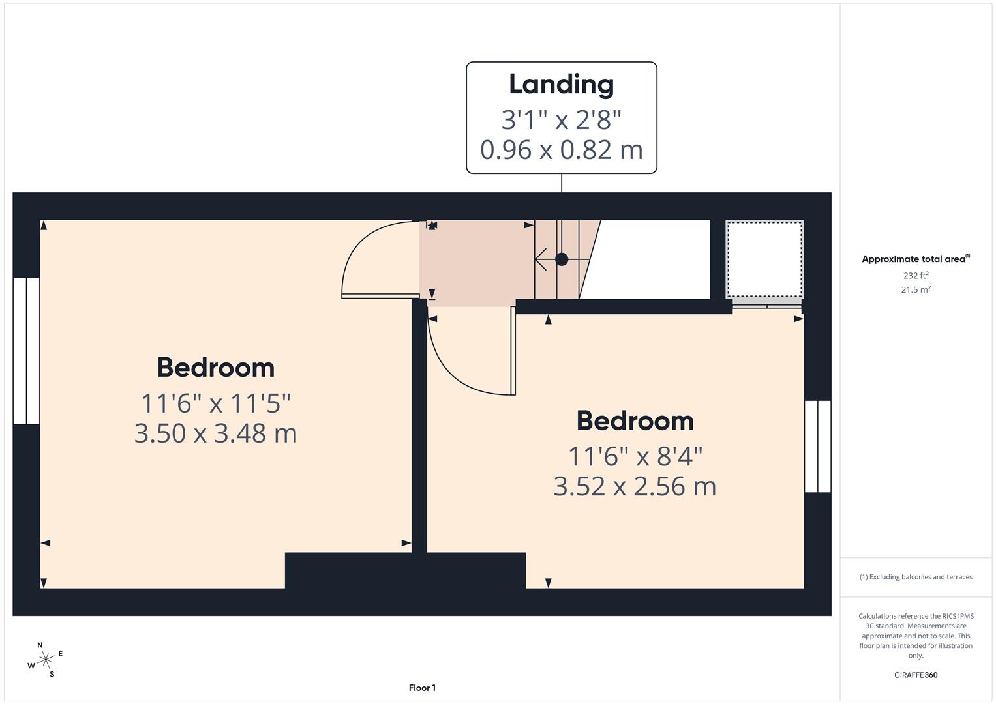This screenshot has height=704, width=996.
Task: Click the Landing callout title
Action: tap(561, 85)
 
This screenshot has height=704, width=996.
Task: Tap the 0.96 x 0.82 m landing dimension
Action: tap(561, 150)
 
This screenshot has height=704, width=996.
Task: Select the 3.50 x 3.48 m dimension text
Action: tap(215, 433)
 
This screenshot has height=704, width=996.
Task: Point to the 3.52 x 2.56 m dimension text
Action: tap(635, 487)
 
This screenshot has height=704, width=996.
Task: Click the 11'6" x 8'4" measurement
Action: tap(635, 456)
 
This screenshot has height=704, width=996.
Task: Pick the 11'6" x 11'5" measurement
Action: tap(215, 403)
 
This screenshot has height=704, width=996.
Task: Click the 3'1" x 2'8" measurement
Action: tap(561, 120)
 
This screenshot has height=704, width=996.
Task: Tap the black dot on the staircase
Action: tap(562, 259)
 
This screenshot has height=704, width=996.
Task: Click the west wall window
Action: tap(27, 351)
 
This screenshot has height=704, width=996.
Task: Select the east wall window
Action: tap(817, 447)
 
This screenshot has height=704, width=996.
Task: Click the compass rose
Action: tap(45, 660)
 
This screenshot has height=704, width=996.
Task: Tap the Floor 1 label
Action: tap(422, 688)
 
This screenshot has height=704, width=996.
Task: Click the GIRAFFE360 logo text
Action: tap(915, 675)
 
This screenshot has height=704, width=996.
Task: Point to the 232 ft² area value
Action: tap(915, 276)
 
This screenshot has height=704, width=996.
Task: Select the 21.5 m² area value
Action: tap(915, 290)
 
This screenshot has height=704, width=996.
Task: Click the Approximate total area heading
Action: tap(915, 259)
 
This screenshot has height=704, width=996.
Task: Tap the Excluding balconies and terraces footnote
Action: tap(915, 577)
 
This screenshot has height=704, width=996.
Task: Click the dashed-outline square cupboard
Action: tap(764, 259)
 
